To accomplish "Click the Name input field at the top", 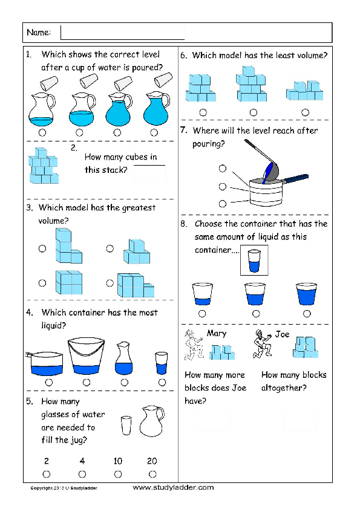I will pyautogui.click(x=122, y=32).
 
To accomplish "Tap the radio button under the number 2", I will pyautogui.click(x=47, y=474).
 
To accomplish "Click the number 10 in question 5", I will pyautogui.click(x=118, y=461).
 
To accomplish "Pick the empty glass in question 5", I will pyautogui.click(x=125, y=425).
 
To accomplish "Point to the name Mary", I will pyautogui.click(x=216, y=334).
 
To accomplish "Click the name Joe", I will pyautogui.click(x=282, y=334).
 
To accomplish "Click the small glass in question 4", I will pyautogui.click(x=161, y=364).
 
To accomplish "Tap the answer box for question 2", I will pyautogui.click(x=149, y=174).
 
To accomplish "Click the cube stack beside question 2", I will pyautogui.click(x=44, y=166).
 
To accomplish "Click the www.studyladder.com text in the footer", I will pyautogui.click(x=173, y=487).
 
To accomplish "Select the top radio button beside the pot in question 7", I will pyautogui.click(x=223, y=169).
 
